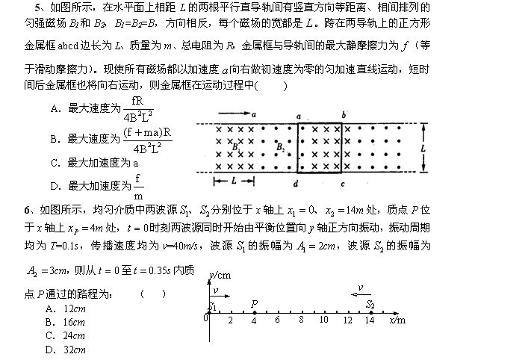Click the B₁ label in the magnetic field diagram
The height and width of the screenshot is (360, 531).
[235, 147]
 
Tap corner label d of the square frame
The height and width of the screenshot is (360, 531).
[296, 183]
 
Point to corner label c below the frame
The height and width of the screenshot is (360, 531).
[342, 183]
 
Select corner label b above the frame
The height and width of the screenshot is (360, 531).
[343, 115]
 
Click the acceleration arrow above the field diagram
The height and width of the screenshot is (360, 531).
[235, 115]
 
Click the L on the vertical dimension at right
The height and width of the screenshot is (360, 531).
[423, 148]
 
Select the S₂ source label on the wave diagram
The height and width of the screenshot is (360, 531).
[370, 304]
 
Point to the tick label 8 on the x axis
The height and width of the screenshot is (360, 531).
[300, 320]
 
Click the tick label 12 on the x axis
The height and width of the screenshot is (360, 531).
[347, 320]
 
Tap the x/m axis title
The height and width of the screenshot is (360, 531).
[397, 320]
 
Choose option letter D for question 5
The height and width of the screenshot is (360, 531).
[54, 185]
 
